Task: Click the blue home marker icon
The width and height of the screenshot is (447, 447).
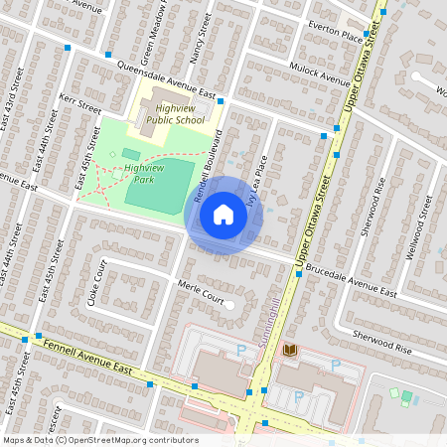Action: pos(223,215)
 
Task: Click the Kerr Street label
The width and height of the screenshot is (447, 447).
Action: pos(80,104)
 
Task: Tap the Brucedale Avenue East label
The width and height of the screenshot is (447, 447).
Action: pos(352,280)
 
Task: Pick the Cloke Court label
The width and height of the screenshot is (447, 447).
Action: pos(97,283)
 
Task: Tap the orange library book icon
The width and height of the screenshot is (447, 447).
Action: pos(290,351)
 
